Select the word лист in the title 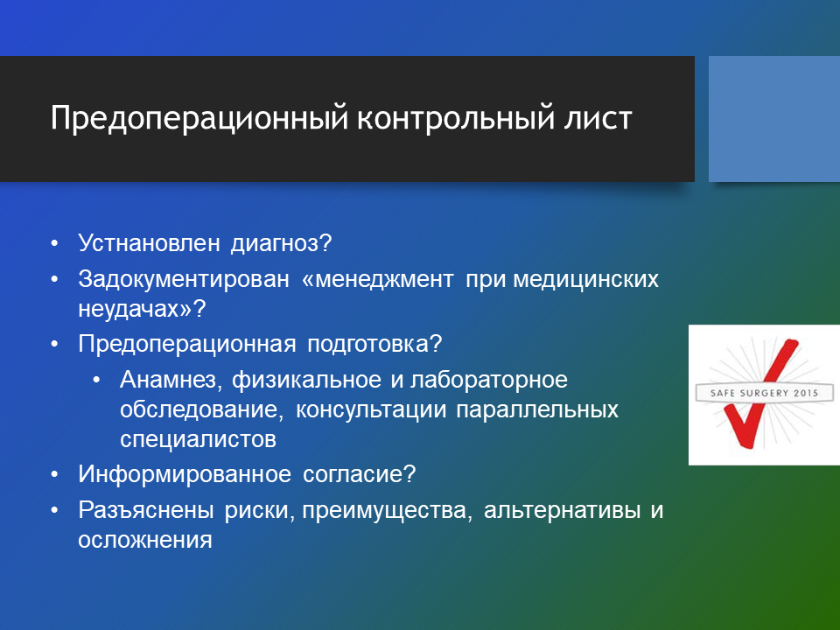coord(595,118)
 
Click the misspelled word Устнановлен coord(149,242)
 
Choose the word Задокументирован coord(184,280)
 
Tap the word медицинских coord(586,280)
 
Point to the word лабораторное coord(489,380)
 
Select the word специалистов coord(199,440)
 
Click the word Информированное coord(185,474)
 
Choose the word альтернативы coord(562,510)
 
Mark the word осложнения coord(145,540)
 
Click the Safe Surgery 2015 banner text coord(764,393)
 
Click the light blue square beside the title coord(774,119)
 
